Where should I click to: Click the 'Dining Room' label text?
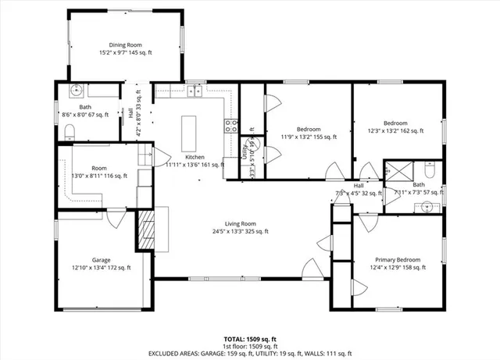(126, 45)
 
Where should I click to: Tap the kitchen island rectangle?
(189, 134)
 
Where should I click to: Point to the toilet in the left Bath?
(68, 129)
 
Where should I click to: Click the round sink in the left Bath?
(76, 90)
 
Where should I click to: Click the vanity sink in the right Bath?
(426, 206)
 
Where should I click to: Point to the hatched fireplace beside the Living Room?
(146, 229)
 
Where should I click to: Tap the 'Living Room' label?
(241, 223)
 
